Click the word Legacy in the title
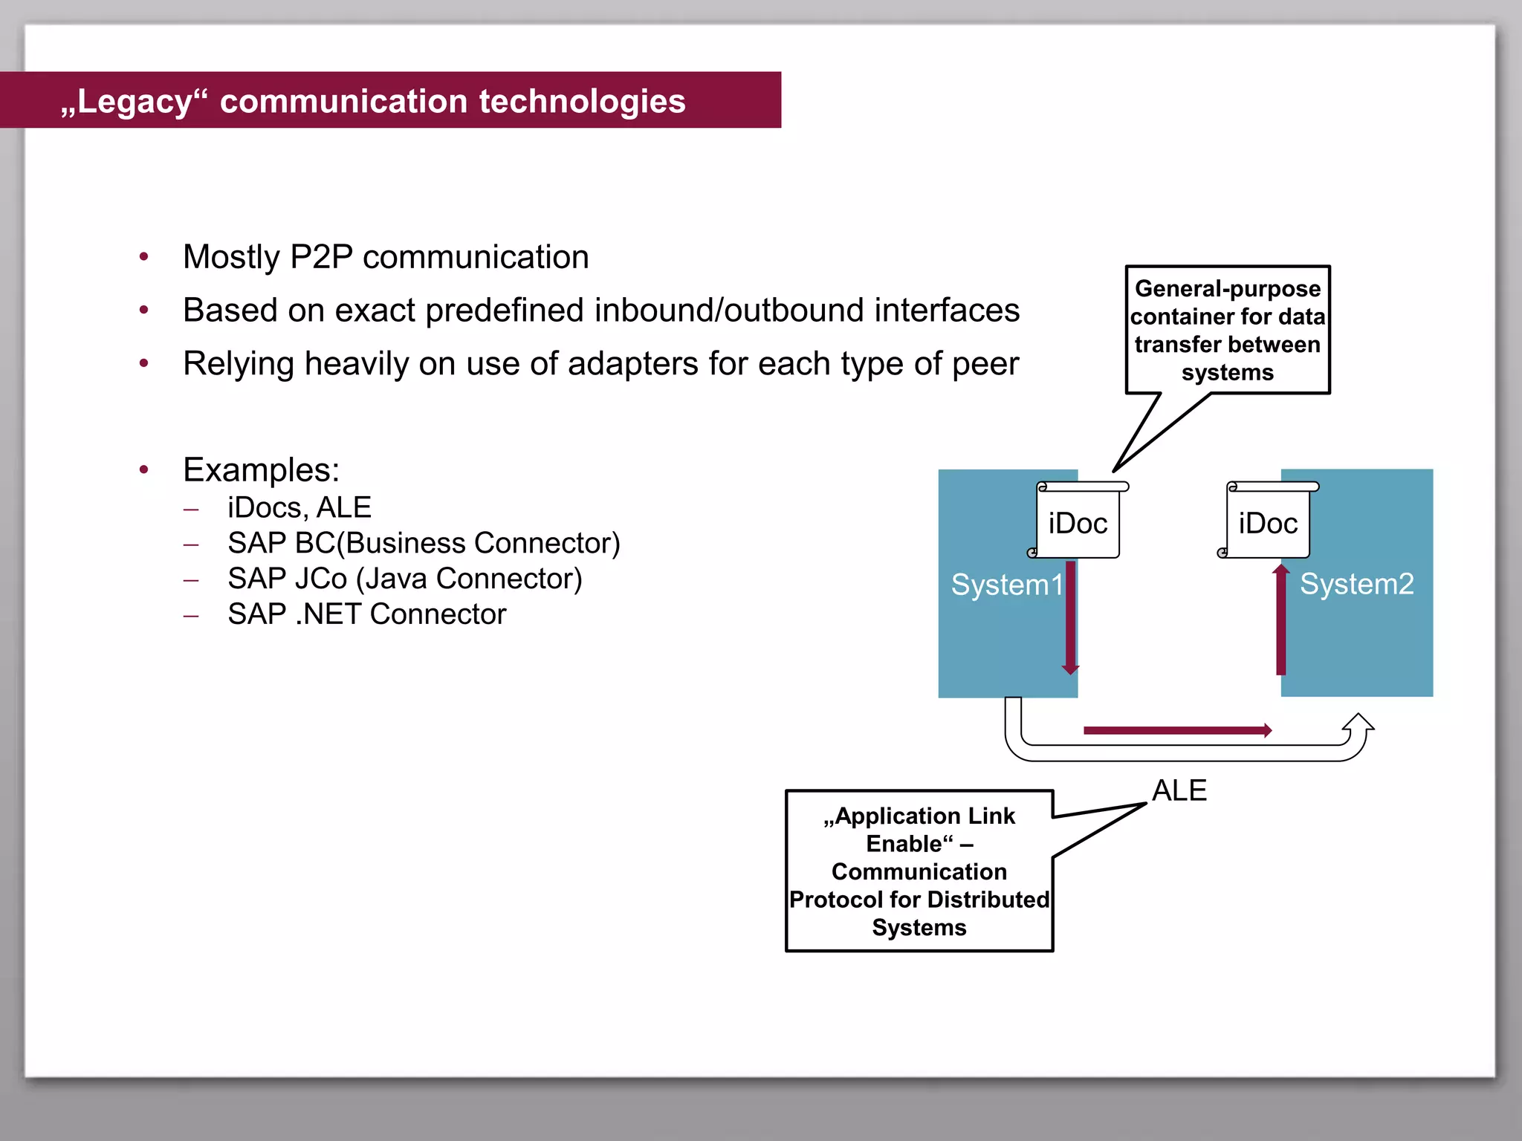tap(135, 102)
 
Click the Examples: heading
tap(261, 470)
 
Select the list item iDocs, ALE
tap(299, 508)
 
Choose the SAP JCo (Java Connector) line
tap(404, 579)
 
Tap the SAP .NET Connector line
tap(366, 614)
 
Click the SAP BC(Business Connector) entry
tap(424, 544)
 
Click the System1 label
tap(1007, 585)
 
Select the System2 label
tap(1356, 585)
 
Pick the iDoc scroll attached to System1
tap(1078, 522)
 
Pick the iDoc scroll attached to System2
tap(1268, 522)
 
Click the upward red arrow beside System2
tap(1280, 620)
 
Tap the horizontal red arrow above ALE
tap(1177, 731)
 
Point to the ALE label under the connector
tap(1179, 790)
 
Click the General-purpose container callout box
tap(1227, 331)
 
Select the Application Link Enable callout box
tap(919, 871)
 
